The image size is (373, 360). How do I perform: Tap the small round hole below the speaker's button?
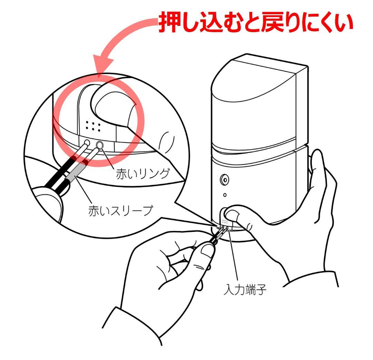tap(225, 195)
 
